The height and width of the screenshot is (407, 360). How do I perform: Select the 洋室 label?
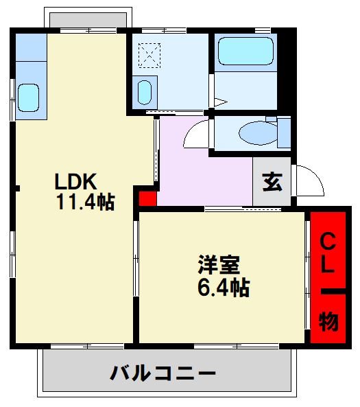pyautogui.click(x=219, y=265)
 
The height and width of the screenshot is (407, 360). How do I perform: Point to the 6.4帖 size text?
pyautogui.click(x=222, y=287)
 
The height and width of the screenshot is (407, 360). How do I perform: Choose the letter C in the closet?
pyautogui.click(x=328, y=242)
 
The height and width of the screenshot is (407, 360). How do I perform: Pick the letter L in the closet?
pyautogui.click(x=328, y=266)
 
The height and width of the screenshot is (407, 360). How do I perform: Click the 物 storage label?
pyautogui.click(x=328, y=322)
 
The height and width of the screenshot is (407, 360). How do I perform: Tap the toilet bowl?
pyautogui.click(x=257, y=132)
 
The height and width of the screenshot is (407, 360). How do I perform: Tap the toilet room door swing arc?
pyautogui.click(x=195, y=135)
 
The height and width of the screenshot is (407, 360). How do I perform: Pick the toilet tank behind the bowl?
pyautogui.click(x=283, y=132)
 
